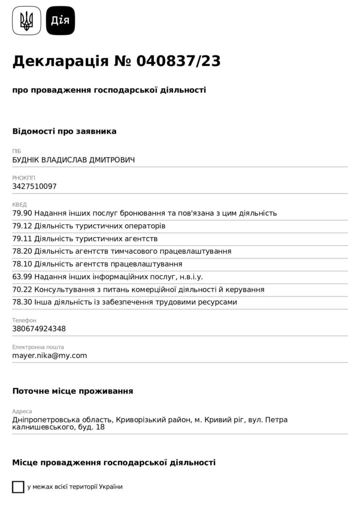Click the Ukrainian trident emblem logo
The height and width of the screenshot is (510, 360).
click(27, 21)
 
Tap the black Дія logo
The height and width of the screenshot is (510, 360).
click(60, 21)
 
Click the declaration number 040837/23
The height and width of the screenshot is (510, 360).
click(179, 61)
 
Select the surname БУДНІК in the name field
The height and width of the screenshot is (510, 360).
click(26, 160)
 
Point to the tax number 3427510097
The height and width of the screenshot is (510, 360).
click(34, 186)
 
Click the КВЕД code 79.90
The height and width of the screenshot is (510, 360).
click(22, 213)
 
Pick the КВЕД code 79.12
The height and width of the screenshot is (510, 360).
click(22, 226)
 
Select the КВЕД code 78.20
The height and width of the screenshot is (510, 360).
click(22, 251)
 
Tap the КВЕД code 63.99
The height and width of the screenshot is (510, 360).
click(22, 277)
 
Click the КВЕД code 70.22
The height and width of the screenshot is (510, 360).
click(22, 289)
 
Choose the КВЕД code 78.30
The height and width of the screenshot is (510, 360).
click(22, 302)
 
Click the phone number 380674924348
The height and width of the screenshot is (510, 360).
click(39, 328)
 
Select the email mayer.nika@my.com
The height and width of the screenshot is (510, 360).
click(50, 355)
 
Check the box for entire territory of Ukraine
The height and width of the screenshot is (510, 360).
click(18, 487)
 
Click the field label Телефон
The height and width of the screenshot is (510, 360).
click(24, 320)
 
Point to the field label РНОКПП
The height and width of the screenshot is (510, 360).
click(23, 178)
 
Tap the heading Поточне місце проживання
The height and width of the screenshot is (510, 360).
click(73, 391)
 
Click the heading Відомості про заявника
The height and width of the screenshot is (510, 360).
click(64, 131)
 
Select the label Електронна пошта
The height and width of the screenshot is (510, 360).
click(38, 347)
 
